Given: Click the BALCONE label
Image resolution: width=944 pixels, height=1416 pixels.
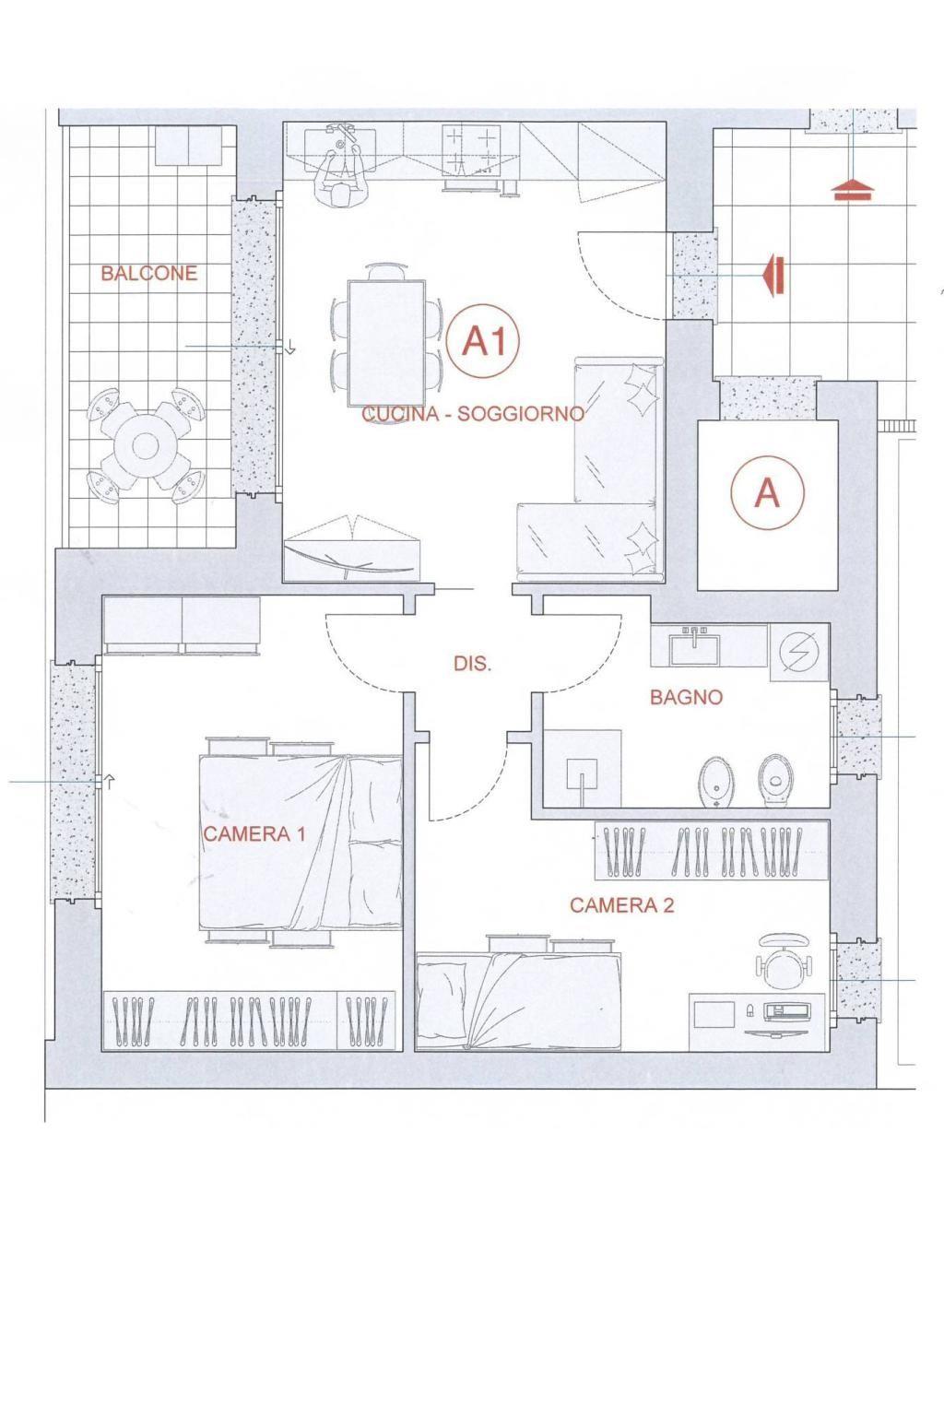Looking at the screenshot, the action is [149, 273].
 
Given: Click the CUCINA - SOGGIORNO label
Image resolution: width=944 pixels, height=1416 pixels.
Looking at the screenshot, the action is [472, 413].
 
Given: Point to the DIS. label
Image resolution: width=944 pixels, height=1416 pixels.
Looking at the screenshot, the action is [473, 664].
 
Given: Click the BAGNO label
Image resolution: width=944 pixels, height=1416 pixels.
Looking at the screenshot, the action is [686, 697].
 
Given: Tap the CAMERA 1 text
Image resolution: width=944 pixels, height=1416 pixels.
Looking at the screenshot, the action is [254, 833].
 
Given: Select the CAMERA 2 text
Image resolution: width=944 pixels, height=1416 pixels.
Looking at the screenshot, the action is [621, 905].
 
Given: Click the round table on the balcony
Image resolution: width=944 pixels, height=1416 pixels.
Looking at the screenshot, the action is [146, 445].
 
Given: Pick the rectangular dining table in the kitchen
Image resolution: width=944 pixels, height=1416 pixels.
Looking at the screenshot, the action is [386, 343].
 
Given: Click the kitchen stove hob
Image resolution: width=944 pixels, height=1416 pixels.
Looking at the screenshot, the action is [471, 149].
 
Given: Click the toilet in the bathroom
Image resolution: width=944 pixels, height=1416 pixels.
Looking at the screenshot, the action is [776, 781].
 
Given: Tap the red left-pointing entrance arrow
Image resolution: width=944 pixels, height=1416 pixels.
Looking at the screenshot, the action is [774, 277].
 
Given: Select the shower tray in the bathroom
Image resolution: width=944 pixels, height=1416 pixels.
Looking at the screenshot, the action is [582, 769].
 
